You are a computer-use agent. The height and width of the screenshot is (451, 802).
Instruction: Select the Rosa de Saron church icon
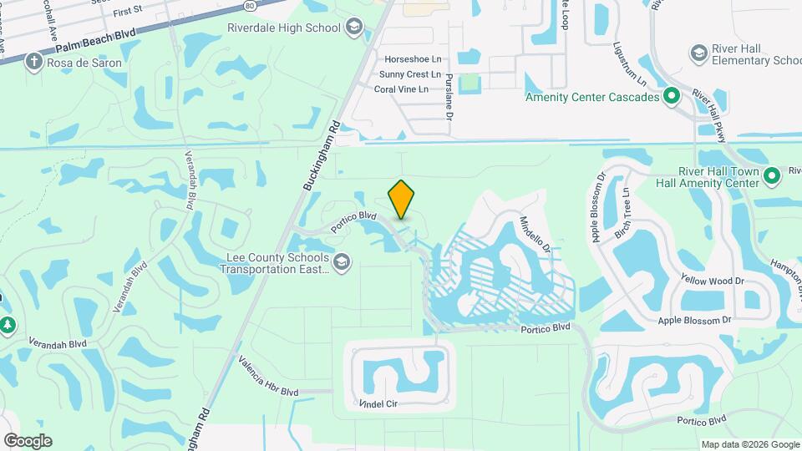click(34, 62)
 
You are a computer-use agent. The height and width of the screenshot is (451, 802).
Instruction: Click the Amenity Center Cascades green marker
click(671, 97)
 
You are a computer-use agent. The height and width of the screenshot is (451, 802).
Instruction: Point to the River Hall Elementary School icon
click(698, 53)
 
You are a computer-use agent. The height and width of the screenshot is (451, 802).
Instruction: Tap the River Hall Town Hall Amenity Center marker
click(772, 175)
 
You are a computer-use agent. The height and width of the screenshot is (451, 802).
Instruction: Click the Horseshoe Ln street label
click(412, 59)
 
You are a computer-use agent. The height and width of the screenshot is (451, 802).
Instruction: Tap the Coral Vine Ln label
click(401, 89)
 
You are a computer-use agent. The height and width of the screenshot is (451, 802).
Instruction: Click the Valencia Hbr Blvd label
click(267, 377)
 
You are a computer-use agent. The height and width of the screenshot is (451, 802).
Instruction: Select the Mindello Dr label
click(536, 234)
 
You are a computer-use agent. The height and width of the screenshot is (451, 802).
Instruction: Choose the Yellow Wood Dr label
click(712, 280)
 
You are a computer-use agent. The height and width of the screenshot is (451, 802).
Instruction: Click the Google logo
click(28, 440)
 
